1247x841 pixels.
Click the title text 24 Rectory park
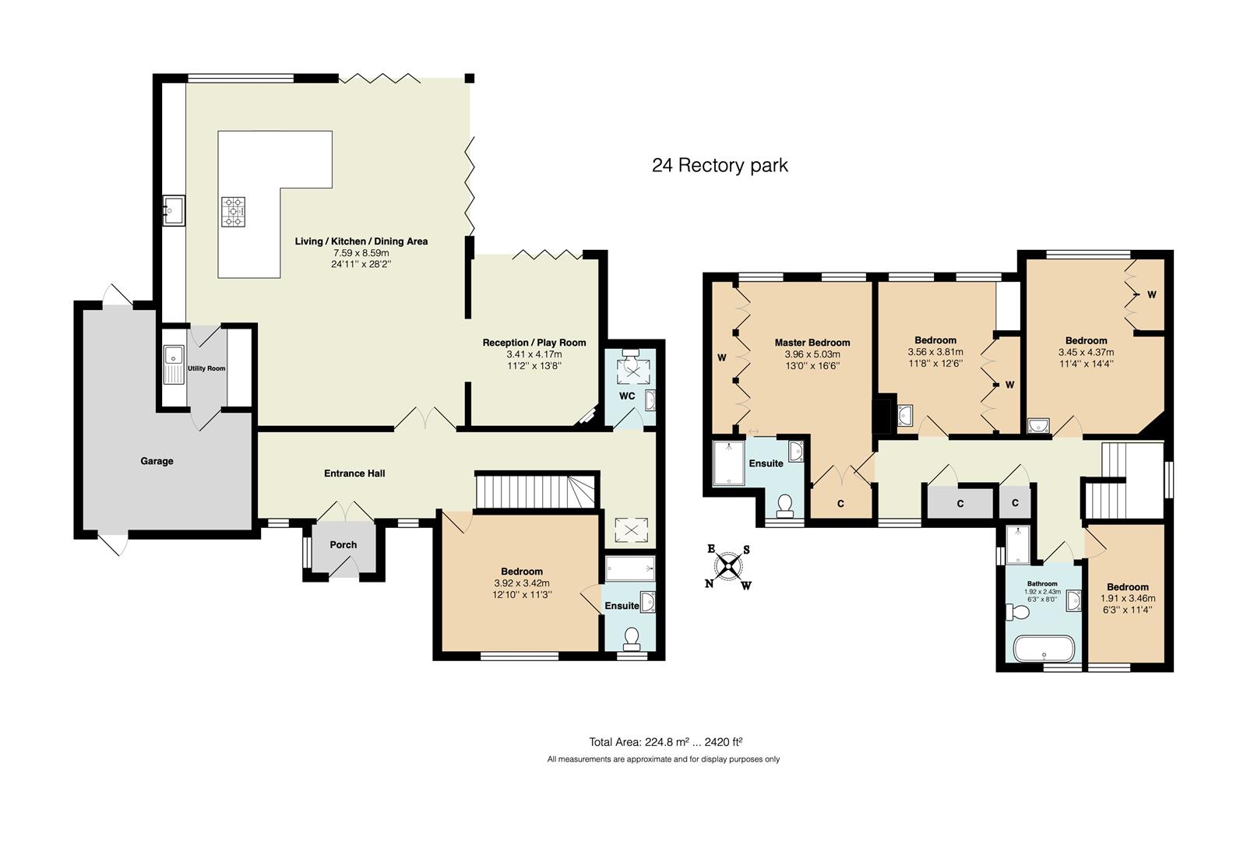point(720,165)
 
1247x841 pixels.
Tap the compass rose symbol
point(728,567)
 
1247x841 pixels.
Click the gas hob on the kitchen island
point(233,211)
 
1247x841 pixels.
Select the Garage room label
point(157,461)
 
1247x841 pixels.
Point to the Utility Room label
point(206,368)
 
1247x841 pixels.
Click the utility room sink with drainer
point(173,365)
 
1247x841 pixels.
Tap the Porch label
point(343,544)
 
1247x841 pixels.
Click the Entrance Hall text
point(354,473)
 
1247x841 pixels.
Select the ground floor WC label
point(627,396)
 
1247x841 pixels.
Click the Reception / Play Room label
point(534,343)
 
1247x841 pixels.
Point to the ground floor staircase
point(535,491)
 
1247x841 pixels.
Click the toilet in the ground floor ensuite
point(632,639)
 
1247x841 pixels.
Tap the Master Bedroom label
point(812,343)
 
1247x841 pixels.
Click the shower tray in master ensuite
point(729,463)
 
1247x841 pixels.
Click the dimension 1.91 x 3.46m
point(1127,599)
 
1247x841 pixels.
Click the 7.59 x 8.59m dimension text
point(361,253)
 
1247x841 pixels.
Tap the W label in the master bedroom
point(721,358)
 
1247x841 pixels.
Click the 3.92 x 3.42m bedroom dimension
point(521,583)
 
